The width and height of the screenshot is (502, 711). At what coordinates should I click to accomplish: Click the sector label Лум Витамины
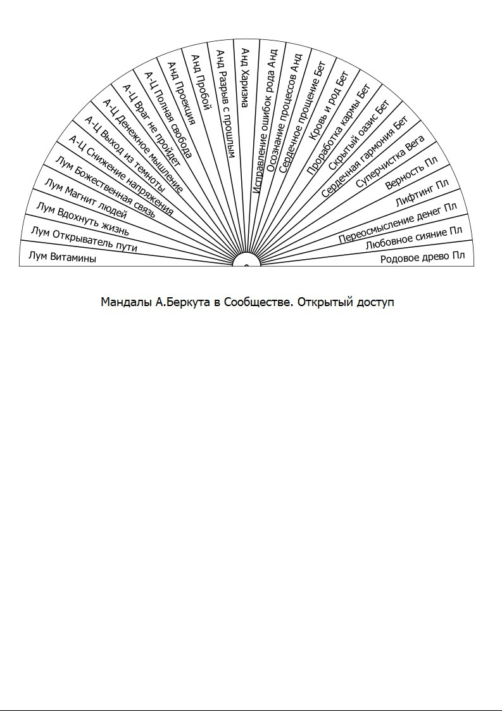click(63, 257)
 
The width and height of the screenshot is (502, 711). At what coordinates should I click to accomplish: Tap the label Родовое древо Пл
click(422, 257)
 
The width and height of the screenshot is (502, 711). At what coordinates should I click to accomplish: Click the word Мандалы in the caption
click(127, 302)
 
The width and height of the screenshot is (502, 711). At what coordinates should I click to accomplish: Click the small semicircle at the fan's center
click(247, 262)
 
